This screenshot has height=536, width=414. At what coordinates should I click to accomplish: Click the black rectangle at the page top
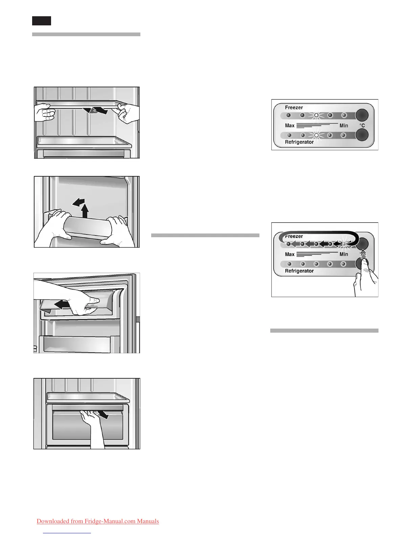pyautogui.click(x=42, y=21)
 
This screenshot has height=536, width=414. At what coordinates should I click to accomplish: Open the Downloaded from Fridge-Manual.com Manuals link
pyautogui.click(x=98, y=521)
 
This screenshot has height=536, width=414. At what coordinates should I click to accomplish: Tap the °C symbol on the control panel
pyautogui.click(x=362, y=125)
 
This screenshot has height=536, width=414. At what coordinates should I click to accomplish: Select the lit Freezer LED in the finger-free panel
pyautogui.click(x=316, y=115)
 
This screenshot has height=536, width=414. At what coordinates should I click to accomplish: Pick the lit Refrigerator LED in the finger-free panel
pyautogui.click(x=316, y=135)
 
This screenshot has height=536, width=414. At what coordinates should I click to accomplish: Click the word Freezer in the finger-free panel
pyautogui.click(x=294, y=108)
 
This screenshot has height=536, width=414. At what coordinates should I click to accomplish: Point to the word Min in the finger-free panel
pyautogui.click(x=344, y=126)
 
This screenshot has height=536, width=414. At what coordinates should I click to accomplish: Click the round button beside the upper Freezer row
pyautogui.click(x=362, y=115)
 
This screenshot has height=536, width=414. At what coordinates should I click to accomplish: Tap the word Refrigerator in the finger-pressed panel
pyautogui.click(x=299, y=271)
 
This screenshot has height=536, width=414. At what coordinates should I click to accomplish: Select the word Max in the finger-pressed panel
pyautogui.click(x=290, y=254)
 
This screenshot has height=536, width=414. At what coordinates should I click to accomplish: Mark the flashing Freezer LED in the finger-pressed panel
pyautogui.click(x=344, y=244)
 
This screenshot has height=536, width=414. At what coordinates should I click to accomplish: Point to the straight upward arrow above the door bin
pyautogui.click(x=85, y=211)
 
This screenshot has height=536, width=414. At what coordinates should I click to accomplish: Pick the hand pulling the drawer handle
pyautogui.click(x=91, y=420)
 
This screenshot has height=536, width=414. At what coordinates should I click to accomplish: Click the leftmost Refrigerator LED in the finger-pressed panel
pyautogui.click(x=289, y=264)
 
